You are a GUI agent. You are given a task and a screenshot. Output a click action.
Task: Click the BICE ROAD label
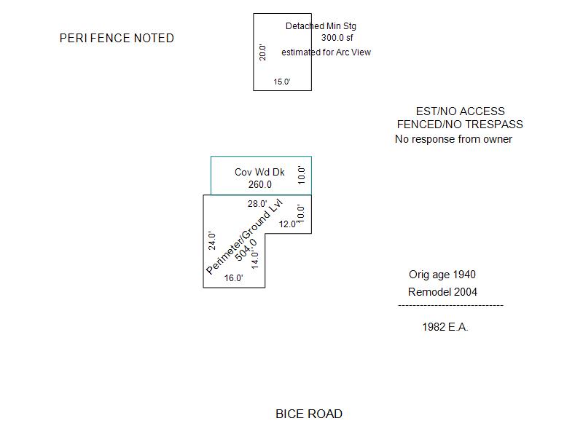[308, 414]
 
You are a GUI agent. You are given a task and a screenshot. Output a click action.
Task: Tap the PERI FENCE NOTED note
[117, 38]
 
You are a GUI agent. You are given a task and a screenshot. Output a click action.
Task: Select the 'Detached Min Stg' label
[321, 26]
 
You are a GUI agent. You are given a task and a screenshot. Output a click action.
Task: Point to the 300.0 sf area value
[337, 38]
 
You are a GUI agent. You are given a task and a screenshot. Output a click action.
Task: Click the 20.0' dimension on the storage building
[263, 52]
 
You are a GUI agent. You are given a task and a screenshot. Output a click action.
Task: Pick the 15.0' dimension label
[282, 82]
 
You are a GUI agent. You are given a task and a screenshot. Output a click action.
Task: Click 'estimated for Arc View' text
[326, 52]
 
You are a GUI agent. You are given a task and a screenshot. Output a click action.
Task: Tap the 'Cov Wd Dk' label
[259, 172]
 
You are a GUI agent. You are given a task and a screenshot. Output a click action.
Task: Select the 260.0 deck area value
[259, 184]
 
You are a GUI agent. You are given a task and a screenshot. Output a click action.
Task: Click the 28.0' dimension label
[257, 204]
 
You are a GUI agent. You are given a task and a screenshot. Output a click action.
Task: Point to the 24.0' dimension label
[212, 240]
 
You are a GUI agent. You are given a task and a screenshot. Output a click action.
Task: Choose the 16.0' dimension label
[233, 278]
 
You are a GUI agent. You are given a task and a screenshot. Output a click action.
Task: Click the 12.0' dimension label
[288, 224]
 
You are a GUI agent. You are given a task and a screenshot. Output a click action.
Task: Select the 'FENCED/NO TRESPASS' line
[460, 125]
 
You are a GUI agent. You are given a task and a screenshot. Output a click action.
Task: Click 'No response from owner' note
[453, 139]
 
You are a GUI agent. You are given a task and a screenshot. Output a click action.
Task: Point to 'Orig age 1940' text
[442, 275]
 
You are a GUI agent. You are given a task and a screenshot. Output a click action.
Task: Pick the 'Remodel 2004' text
[442, 292]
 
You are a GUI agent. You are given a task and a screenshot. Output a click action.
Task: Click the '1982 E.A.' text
[445, 327]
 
